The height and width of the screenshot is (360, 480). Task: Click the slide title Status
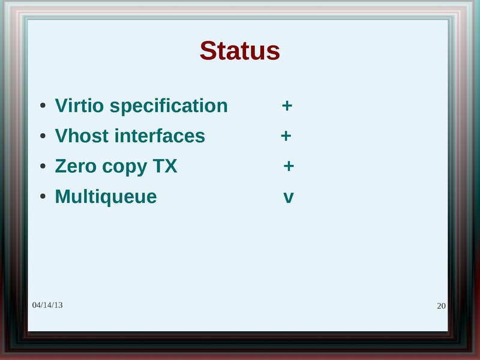239,51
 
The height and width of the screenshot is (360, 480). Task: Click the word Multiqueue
106,197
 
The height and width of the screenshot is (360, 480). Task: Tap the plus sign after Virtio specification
287,107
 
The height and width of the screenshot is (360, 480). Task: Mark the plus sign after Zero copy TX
289,166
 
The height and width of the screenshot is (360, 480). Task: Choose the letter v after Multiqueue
288,197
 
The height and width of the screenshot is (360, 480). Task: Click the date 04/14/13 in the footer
47,305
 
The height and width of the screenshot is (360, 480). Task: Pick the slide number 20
441,307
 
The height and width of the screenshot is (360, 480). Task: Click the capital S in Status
209,51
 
